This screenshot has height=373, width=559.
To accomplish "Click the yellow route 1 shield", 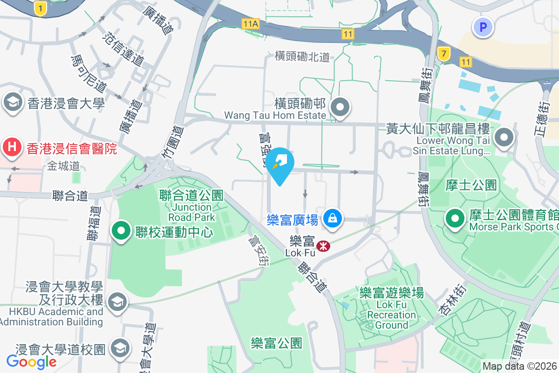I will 41,8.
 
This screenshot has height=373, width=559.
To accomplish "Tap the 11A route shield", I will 250,23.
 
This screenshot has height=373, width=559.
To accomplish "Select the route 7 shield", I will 444,54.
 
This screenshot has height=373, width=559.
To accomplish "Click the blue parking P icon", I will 483,27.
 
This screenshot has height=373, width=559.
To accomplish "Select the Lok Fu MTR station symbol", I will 321,245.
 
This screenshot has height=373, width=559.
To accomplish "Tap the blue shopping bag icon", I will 333,218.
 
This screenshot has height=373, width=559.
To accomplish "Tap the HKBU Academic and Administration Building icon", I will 117,302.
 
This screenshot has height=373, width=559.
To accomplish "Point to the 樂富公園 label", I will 276,344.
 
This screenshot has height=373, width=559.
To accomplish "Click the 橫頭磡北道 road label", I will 302,56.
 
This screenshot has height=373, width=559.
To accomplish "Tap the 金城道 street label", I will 63,166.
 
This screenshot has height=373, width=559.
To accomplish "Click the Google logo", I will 31,361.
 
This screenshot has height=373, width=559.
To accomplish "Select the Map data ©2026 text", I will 519,366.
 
